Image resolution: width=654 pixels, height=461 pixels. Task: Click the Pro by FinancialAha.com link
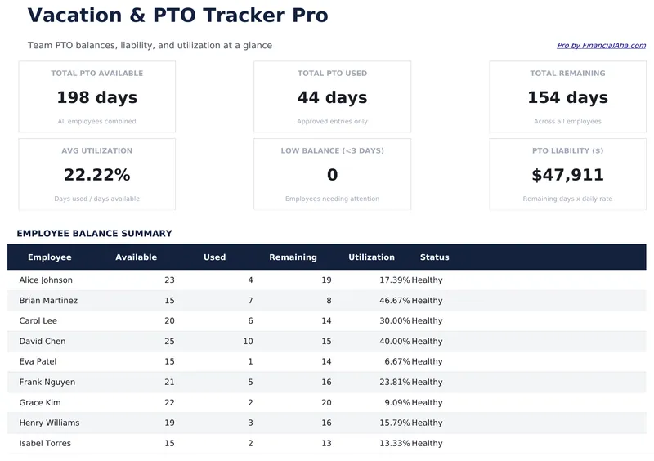point(601,46)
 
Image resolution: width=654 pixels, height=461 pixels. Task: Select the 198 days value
point(96,98)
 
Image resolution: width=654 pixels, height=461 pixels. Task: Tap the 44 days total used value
point(332,98)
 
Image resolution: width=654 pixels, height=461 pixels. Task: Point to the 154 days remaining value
point(567,98)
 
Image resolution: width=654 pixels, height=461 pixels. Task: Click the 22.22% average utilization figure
point(96,175)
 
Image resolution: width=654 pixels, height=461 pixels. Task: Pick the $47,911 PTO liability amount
point(567,175)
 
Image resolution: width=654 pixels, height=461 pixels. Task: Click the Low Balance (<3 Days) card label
point(332,151)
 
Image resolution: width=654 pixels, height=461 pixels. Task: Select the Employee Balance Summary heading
point(94,234)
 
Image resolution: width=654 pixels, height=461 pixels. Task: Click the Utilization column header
point(371,257)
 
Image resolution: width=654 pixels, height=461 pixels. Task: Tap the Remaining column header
point(293,257)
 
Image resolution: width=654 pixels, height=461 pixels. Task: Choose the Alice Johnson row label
point(46,280)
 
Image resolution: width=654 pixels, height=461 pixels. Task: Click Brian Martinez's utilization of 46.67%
point(394,301)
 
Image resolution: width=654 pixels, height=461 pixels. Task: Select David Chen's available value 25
point(169,342)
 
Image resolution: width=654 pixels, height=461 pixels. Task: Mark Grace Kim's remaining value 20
point(326,403)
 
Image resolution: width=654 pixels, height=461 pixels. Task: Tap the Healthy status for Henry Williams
point(427,423)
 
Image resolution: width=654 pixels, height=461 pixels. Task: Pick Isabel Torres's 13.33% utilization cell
point(394,444)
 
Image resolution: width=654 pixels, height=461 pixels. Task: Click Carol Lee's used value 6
point(250,321)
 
